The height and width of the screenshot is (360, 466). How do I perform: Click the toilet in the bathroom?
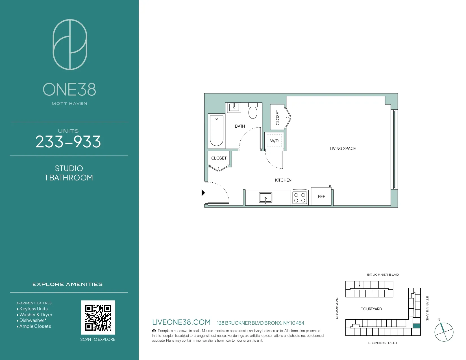coord(253,112)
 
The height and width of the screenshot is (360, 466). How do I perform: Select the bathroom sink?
coord(234,107)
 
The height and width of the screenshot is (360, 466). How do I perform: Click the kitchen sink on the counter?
coord(265,197)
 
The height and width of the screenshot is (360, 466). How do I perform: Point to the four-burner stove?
coord(300,198)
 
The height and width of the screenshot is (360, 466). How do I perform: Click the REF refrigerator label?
coord(321,197)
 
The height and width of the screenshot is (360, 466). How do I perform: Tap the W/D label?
coord(274,141)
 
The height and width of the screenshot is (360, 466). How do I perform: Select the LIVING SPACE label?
coord(343,149)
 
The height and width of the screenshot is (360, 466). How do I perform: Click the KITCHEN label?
coord(283,180)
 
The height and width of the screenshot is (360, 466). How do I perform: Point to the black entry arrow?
coord(203,193)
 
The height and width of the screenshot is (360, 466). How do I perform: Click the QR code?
coord(98,317)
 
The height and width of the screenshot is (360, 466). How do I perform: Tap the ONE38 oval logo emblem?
coord(70,45)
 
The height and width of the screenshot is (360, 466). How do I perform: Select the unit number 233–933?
coord(68,142)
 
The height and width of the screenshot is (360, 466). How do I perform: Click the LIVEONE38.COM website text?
coord(181,322)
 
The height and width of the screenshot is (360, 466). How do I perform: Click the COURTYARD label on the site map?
coord(371,309)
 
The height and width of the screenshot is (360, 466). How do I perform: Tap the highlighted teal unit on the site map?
coord(417,326)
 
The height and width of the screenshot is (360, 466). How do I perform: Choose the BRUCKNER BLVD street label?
coord(383,274)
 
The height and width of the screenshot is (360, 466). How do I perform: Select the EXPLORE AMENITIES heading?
coord(67,284)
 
